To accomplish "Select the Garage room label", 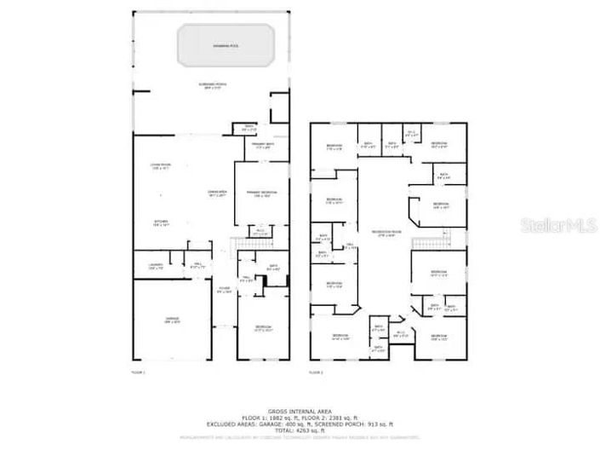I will [172, 321].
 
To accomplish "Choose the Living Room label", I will [161, 167].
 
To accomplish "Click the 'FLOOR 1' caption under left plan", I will [139, 372].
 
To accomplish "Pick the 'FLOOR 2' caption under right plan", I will [316, 372].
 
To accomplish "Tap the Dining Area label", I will [219, 193].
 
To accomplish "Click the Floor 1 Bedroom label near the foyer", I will [264, 328].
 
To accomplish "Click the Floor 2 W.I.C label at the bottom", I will [400, 334].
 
